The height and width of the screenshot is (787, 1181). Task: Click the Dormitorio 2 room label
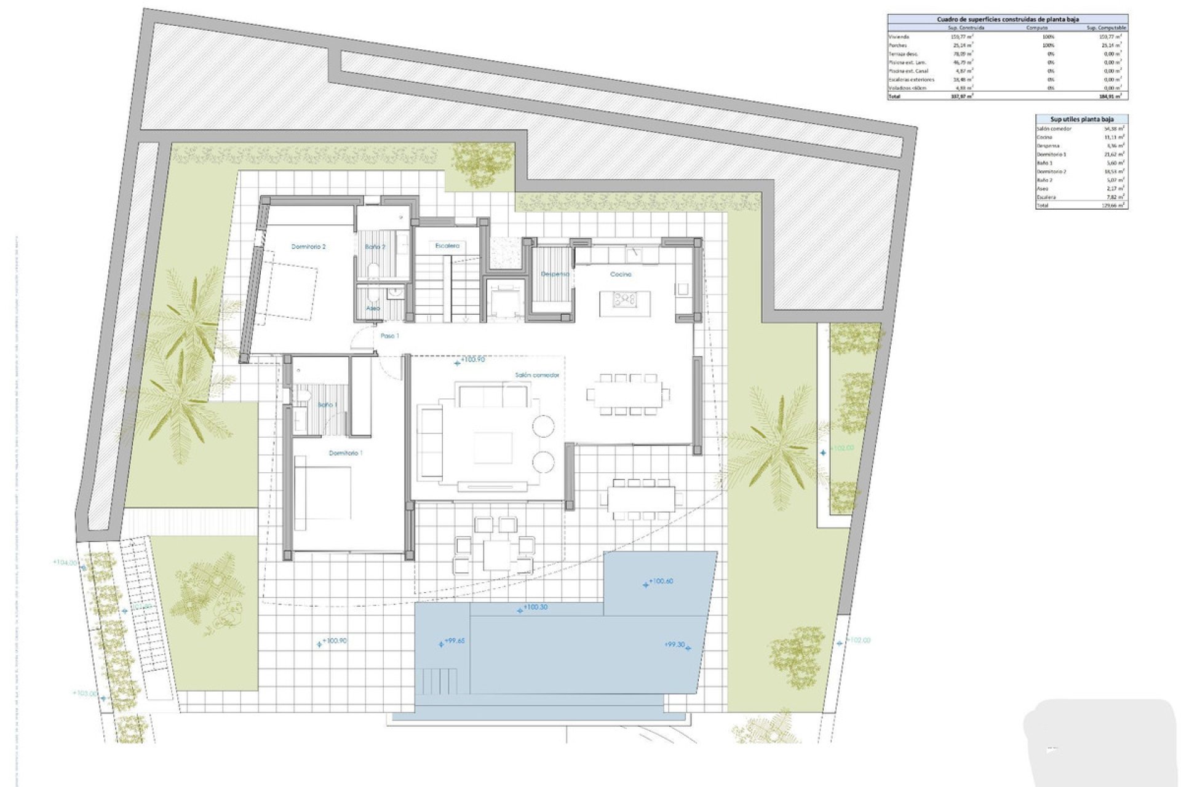[308, 247]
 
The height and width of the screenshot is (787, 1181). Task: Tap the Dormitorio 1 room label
[346, 453]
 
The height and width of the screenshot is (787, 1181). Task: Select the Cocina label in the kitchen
[621, 274]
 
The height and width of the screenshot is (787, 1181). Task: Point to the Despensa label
[554, 274]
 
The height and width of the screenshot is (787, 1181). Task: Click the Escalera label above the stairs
[447, 246]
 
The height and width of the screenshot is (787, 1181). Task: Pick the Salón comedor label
[537, 375]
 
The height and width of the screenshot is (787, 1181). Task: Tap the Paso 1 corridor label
[389, 336]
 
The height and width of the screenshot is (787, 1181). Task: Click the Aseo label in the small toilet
[373, 308]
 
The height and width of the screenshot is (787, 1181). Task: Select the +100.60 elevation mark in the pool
[660, 581]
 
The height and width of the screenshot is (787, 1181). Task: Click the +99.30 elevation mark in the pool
[676, 645]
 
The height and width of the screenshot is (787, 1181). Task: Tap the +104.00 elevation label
[66, 563]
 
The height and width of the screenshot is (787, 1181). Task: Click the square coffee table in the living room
[493, 448]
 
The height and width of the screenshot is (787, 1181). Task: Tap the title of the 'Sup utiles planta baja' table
[1081, 119]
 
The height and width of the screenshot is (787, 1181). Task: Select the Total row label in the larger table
[894, 97]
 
